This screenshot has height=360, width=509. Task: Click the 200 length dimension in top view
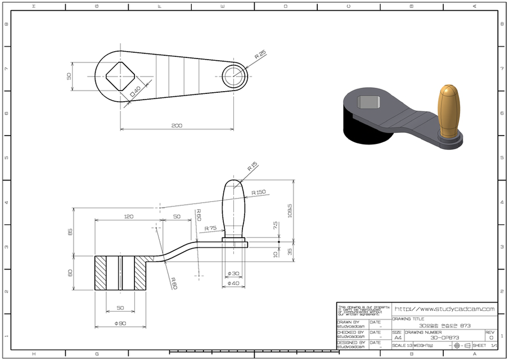pos(177,125)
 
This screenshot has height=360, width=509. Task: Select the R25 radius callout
pos(260,56)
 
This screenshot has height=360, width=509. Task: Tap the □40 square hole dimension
pos(135,91)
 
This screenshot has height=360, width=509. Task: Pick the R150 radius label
pos(259,192)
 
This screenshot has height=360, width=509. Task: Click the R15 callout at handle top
pos(252,166)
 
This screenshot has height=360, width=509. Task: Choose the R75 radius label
pos(211,228)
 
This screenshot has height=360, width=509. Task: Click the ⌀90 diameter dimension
pos(120,323)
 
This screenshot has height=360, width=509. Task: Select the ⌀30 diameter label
pos(233,273)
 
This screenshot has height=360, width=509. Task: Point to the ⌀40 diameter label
pos(233,283)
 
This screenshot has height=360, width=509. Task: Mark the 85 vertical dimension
pos(71,232)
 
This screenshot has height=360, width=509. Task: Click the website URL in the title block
pos(444,309)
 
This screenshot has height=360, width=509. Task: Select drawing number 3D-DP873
pos(444,337)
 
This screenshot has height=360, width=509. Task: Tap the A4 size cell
pos(398,337)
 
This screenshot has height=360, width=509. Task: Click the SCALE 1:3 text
pos(402,345)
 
